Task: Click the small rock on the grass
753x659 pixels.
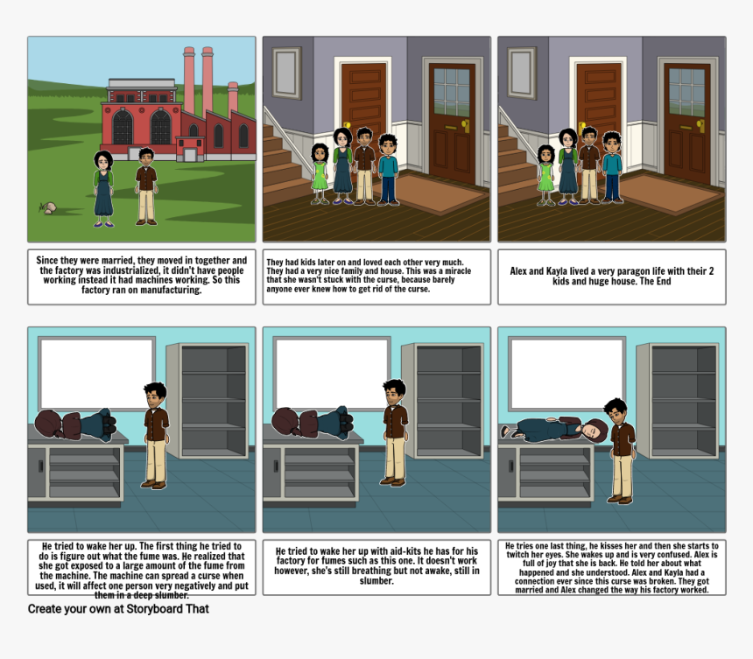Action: coord(49,208)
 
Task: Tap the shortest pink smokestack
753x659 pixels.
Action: coord(233,98)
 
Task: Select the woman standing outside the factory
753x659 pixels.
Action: coord(103,189)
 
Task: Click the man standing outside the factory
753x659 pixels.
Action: coord(146,186)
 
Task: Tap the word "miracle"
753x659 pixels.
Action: coord(455,270)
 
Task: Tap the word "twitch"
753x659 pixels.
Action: coord(517,555)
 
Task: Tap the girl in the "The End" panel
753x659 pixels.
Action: coord(545,175)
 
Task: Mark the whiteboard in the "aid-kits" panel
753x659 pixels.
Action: coord(331,373)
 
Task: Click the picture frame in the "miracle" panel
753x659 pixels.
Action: coord(286,73)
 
